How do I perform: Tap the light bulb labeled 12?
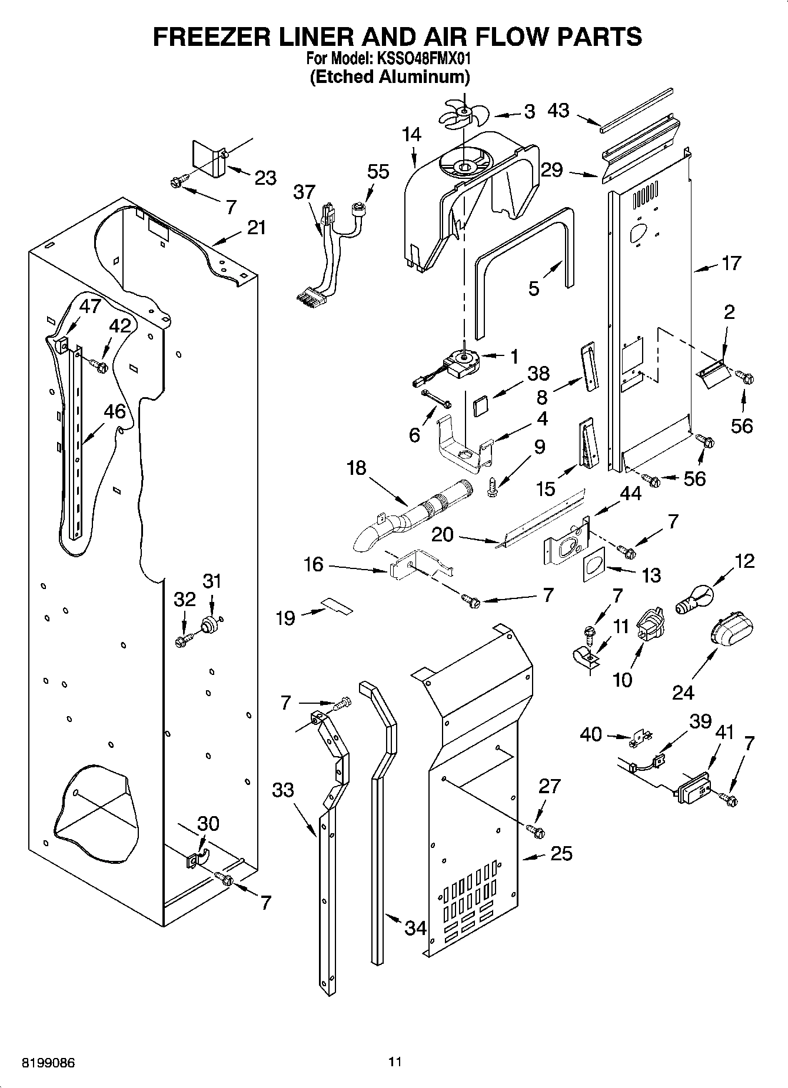[x=694, y=602]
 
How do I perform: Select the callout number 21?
[x=256, y=228]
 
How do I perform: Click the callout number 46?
[x=115, y=411]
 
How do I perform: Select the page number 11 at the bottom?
[x=395, y=1062]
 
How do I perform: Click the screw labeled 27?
[x=536, y=830]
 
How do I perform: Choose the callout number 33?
[x=283, y=789]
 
